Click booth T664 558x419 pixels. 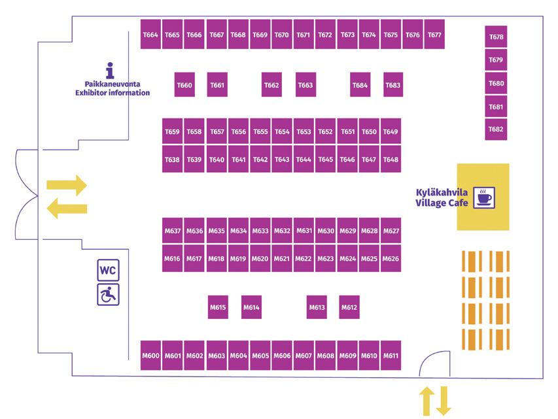pos(150,35)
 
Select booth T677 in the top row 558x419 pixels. pos(434,35)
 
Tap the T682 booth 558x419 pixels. pos(496,129)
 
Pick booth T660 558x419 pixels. pos(185,85)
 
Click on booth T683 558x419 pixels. pos(392,85)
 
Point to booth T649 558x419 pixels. pos(391,131)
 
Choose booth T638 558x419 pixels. pos(172,159)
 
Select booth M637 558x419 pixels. pos(172,231)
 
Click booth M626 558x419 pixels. pos(391,259)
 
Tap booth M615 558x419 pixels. pos(218,307)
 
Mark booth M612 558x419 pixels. pos(349,307)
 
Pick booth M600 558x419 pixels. pos(150,356)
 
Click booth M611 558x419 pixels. pos(391,356)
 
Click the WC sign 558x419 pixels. pos(109,269)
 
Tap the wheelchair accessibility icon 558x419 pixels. pos(109,295)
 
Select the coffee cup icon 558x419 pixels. pos(484,197)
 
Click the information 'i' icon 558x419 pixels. pos(110,71)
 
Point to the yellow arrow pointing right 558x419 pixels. pos(67,185)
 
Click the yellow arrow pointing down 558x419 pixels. pos(444,401)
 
